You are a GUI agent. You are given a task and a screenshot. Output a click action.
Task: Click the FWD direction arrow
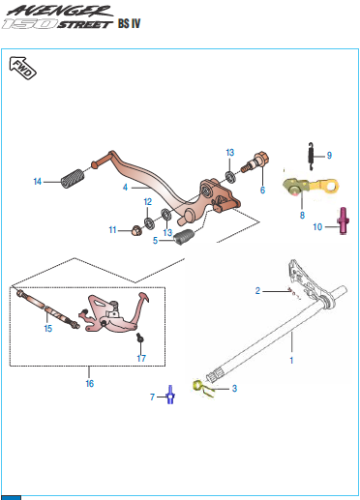22,68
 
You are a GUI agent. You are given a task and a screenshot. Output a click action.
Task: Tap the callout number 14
38,182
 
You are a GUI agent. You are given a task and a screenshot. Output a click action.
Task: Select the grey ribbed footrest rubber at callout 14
74,178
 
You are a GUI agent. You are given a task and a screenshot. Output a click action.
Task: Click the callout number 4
125,187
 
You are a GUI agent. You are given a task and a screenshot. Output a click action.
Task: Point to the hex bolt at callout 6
255,162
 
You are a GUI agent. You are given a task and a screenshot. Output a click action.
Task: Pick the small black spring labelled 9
311,157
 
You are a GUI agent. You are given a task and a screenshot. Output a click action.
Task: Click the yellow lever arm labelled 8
311,187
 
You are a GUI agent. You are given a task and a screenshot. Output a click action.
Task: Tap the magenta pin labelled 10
343,221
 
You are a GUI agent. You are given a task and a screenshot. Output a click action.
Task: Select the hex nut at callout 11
135,230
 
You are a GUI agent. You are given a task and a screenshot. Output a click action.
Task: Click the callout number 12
148,202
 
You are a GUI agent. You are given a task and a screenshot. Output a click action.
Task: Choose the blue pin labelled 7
170,395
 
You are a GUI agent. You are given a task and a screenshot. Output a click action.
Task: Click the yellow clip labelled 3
202,388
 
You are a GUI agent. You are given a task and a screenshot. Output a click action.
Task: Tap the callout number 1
291,360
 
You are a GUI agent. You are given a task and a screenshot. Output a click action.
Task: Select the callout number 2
257,291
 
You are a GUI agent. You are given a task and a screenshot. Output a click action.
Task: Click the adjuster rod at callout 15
47,309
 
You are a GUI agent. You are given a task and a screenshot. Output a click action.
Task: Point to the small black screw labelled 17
140,338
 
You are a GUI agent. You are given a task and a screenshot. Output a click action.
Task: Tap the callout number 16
90,383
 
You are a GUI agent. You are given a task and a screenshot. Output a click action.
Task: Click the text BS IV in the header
130,23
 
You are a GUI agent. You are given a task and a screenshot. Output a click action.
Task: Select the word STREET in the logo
85,24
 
